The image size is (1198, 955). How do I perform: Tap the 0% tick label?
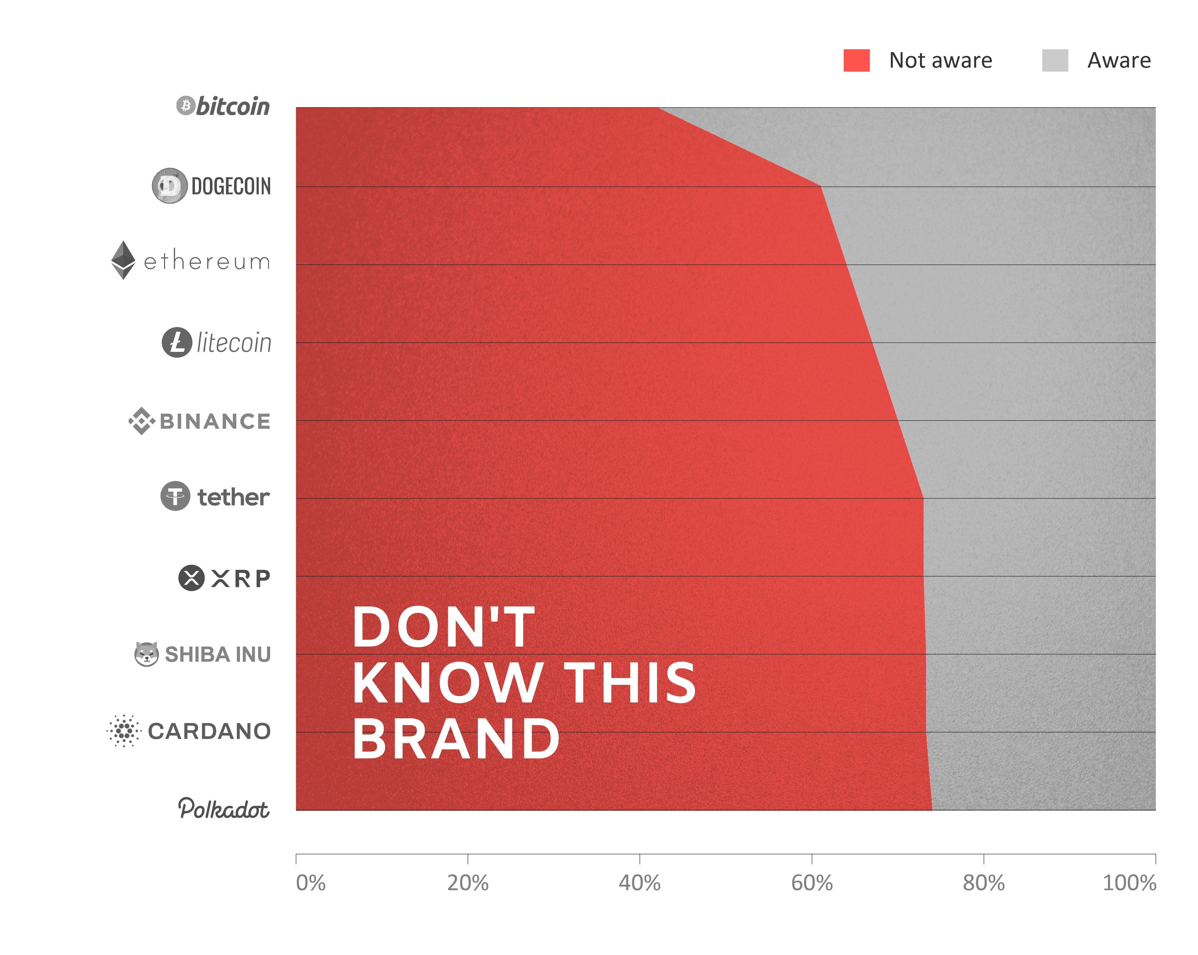tap(310, 883)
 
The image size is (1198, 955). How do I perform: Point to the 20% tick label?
tap(468, 883)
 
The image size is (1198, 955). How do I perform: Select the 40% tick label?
tap(640, 883)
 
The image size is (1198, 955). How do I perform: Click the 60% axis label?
tap(812, 883)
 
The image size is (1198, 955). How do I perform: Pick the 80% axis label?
tap(984, 883)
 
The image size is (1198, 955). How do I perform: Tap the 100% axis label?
tap(1129, 883)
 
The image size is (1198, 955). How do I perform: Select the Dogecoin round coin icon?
tap(169, 185)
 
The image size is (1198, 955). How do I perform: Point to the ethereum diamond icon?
tap(123, 260)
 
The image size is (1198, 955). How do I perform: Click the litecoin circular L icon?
tap(177, 342)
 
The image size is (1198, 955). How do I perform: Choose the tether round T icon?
tap(176, 496)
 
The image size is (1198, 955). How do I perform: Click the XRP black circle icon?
tap(191, 578)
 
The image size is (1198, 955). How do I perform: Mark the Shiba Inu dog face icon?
tap(147, 653)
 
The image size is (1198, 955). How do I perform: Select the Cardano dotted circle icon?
tap(124, 731)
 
